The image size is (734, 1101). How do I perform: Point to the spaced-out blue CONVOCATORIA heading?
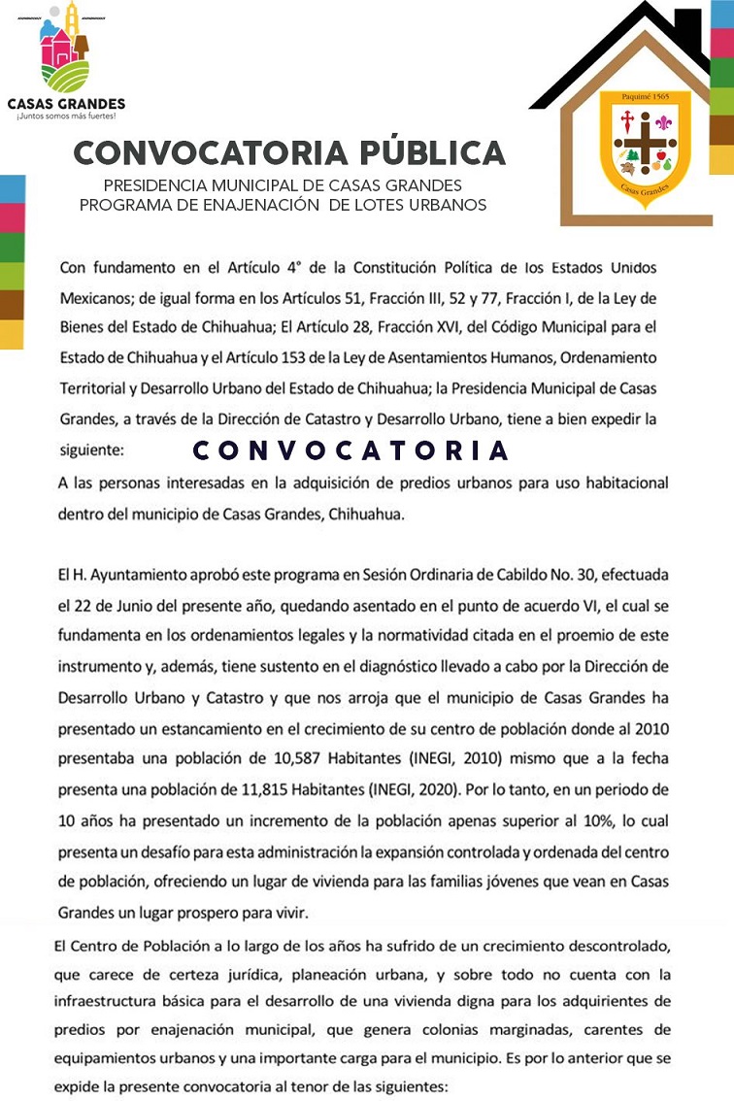point(350,450)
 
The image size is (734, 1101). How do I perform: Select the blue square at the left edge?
point(10,189)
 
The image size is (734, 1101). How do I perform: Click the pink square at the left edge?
point(10,218)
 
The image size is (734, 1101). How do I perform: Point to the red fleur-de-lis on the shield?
point(664,124)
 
